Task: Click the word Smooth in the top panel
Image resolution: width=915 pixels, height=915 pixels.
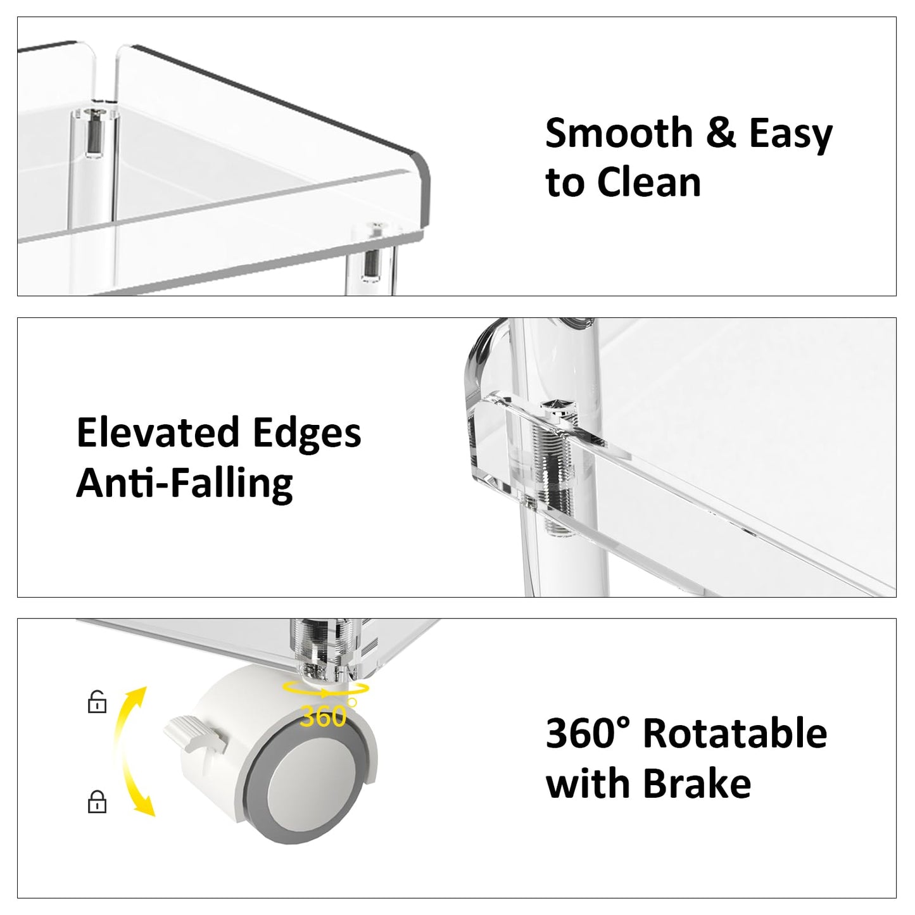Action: pyautogui.click(x=619, y=134)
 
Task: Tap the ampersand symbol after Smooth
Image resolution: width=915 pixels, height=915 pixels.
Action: pyautogui.click(x=721, y=133)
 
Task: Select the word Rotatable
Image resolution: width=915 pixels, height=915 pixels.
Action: pyautogui.click(x=736, y=734)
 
